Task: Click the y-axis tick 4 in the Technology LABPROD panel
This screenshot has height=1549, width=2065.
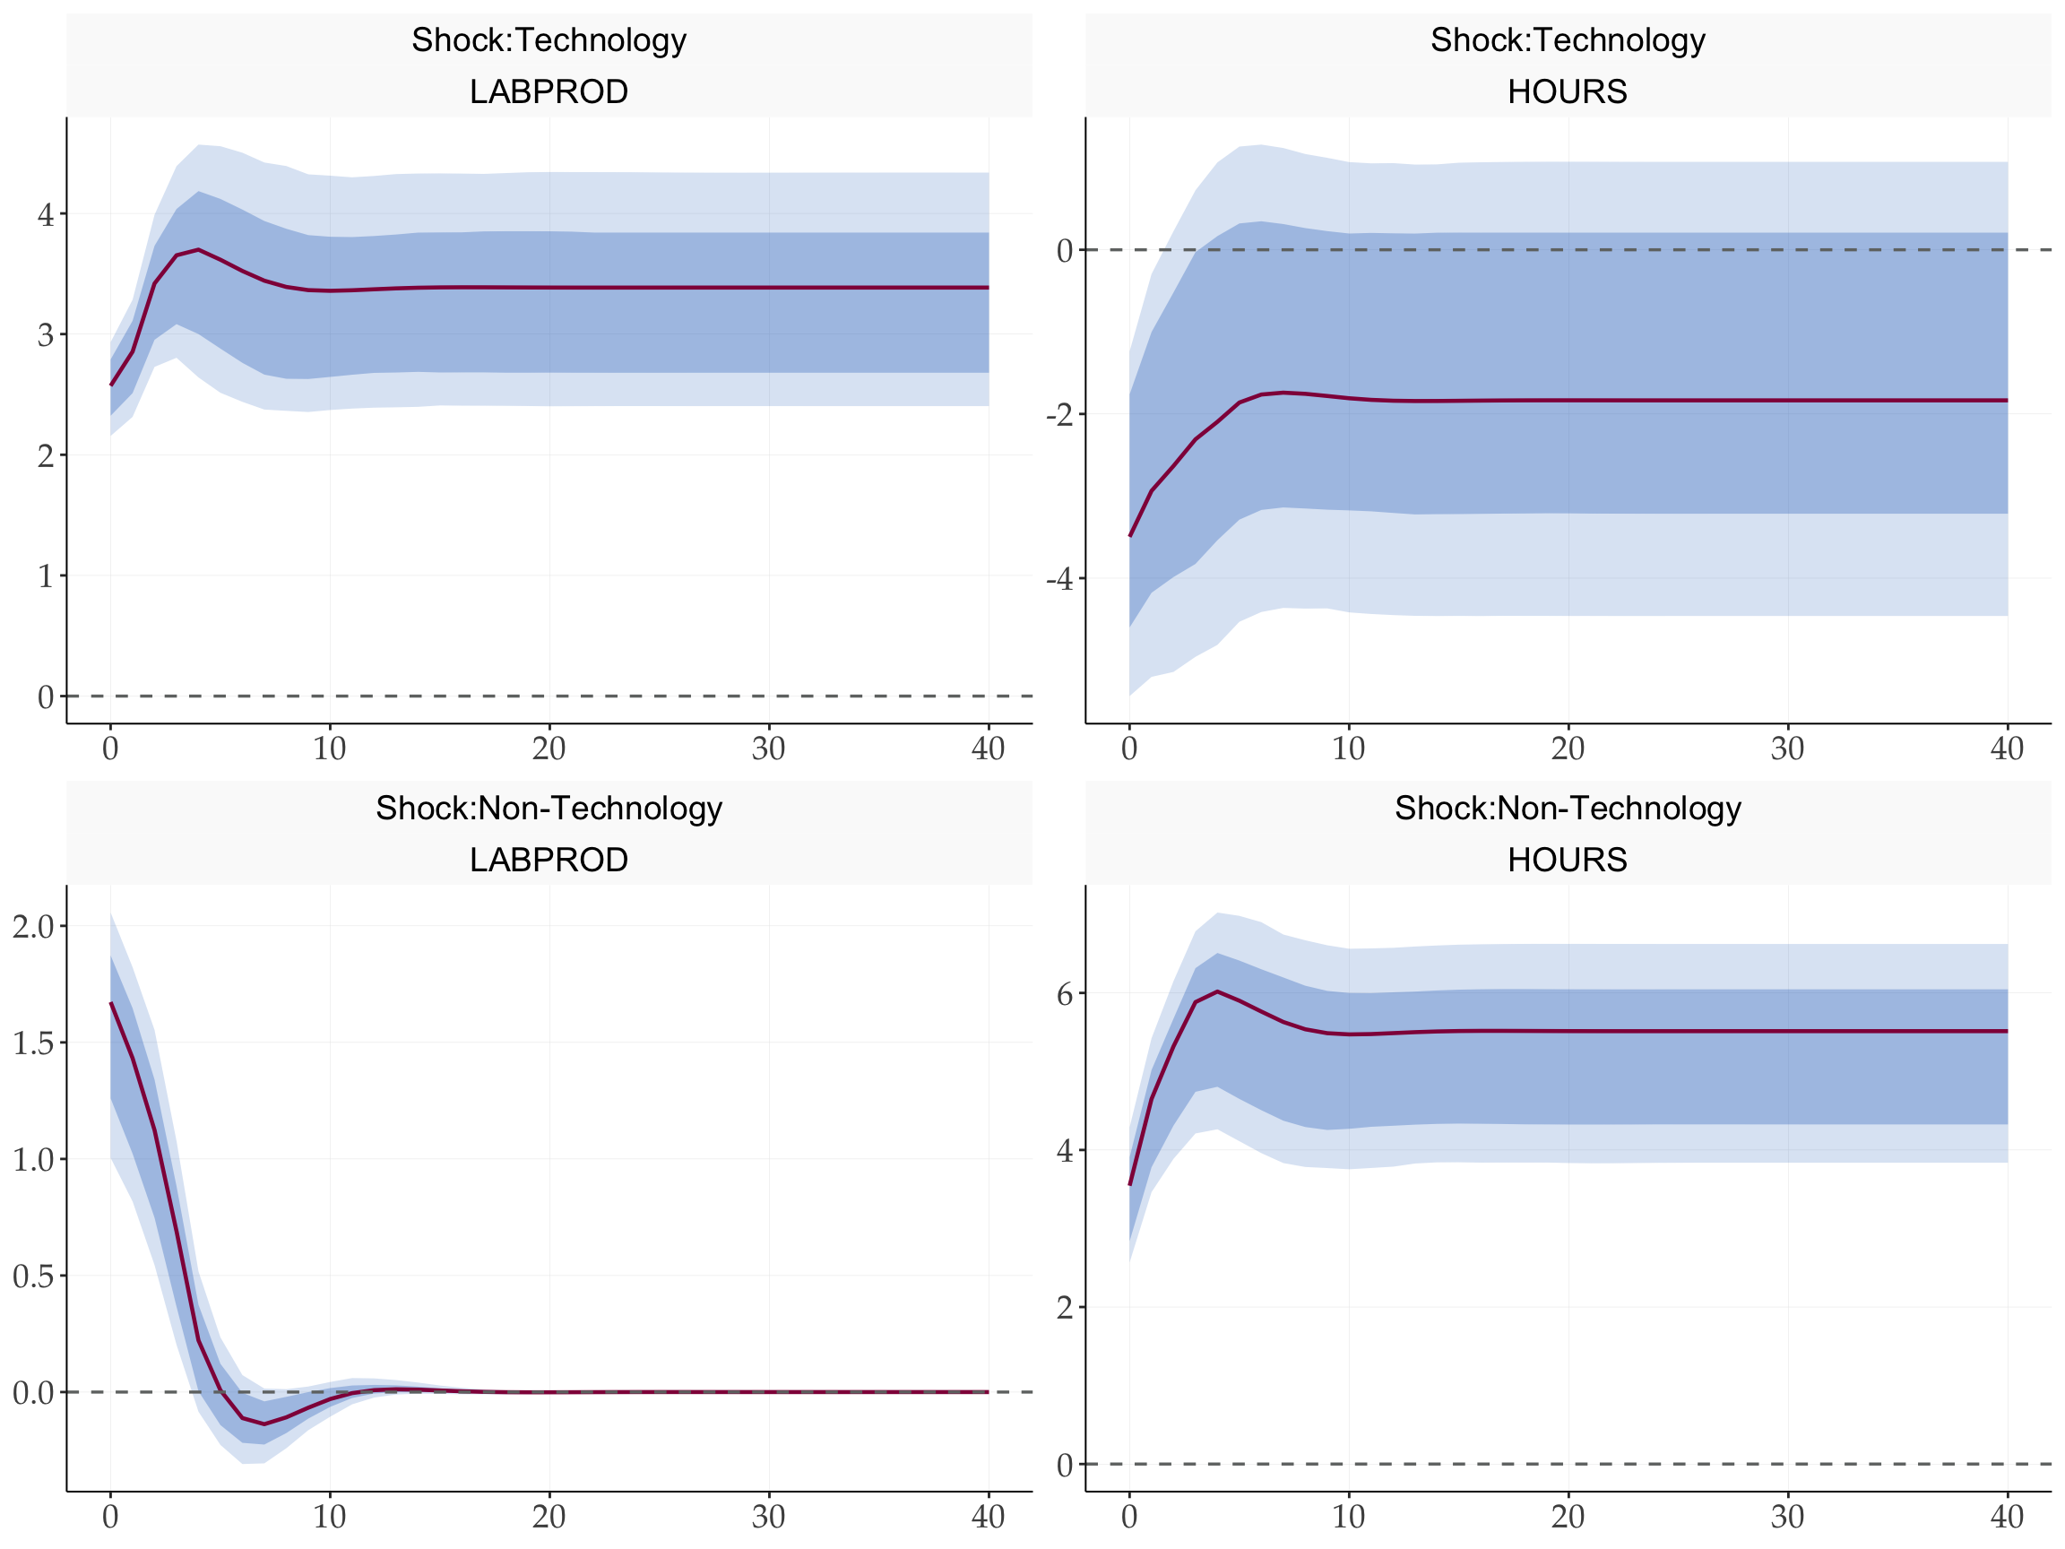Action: [46, 216]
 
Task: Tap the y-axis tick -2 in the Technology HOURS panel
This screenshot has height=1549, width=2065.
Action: [1059, 414]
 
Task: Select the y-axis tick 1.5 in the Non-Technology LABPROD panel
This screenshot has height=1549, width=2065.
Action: [33, 1043]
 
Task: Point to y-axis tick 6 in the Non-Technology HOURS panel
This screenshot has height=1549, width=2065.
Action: [1064, 994]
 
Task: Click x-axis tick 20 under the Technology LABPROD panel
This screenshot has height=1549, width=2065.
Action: [549, 749]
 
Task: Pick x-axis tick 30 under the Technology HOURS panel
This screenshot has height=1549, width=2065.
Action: [1788, 749]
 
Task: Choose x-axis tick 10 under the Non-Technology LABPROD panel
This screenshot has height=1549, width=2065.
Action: [330, 1518]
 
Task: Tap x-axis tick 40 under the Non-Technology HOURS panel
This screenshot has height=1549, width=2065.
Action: [2007, 1518]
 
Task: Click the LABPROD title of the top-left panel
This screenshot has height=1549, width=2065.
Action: [549, 91]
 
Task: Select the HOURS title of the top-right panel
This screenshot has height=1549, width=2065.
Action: [1568, 91]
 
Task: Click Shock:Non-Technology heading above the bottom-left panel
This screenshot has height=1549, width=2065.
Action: [549, 809]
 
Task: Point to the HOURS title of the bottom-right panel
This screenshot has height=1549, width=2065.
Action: [1568, 860]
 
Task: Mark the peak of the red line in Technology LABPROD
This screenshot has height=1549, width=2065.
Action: [198, 249]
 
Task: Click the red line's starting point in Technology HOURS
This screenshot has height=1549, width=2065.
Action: [1129, 536]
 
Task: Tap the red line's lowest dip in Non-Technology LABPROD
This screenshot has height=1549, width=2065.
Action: [264, 1424]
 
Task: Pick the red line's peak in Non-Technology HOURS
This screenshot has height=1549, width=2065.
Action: [1217, 991]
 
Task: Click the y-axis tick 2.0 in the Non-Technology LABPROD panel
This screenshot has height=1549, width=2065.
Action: [33, 927]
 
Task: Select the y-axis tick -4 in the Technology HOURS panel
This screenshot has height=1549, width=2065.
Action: [1059, 580]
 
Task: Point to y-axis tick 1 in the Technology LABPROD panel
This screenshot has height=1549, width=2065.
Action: [46, 577]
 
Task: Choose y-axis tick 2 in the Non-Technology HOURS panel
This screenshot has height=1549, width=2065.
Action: [1064, 1308]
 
